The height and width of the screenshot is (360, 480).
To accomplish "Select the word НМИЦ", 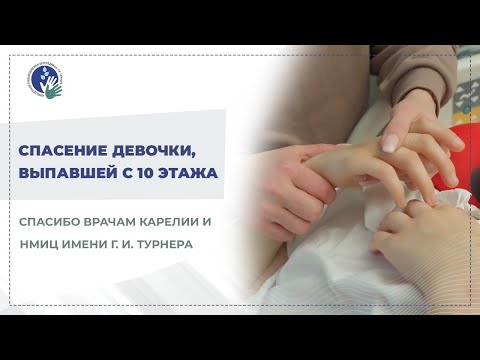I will click(x=37, y=243).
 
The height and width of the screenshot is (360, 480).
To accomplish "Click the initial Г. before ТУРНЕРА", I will click(x=122, y=243).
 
